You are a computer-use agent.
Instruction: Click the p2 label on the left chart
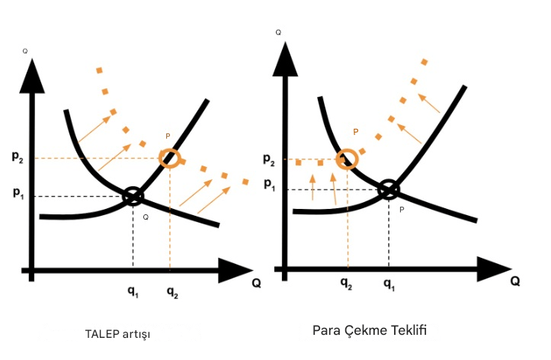[x=16, y=157]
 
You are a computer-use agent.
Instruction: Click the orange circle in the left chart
[x=170, y=158]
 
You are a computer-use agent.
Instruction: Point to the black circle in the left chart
[x=133, y=196]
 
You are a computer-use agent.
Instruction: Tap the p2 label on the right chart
[x=269, y=159]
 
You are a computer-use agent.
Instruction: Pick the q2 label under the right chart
[x=347, y=284]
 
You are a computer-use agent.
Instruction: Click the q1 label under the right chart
[x=389, y=284]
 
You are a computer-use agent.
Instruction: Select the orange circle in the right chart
[x=348, y=158]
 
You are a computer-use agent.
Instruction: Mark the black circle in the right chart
[x=389, y=188]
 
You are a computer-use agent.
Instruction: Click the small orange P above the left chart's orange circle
[x=168, y=137]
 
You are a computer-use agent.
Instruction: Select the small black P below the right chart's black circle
[x=401, y=208]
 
